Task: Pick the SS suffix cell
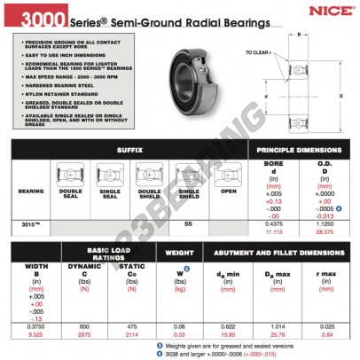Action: tap(189, 223)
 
